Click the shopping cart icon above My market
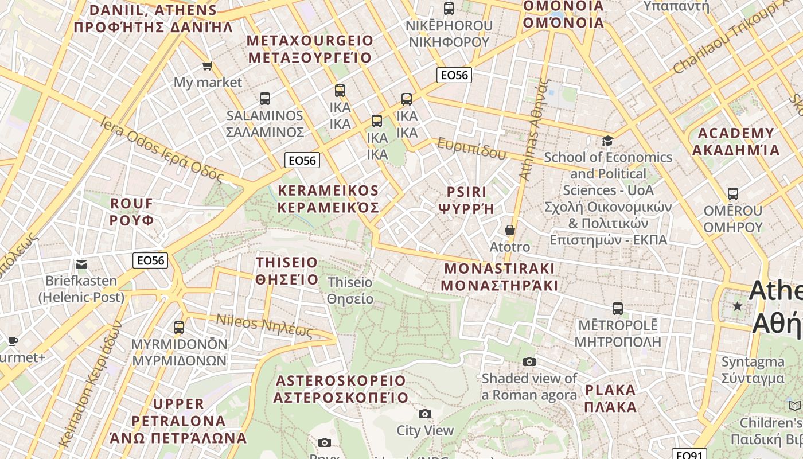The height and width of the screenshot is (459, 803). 207,66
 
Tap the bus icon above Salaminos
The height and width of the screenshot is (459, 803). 264,99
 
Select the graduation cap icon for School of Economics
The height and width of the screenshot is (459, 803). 607,141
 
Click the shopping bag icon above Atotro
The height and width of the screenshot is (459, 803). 509,231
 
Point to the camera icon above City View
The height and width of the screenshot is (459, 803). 425,414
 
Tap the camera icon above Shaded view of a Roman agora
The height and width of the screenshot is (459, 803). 529,361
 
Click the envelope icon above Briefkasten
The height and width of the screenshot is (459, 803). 81,264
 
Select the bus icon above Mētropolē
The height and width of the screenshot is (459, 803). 617,309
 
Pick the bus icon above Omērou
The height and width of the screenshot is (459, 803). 732,194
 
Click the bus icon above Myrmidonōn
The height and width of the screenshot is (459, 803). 179,328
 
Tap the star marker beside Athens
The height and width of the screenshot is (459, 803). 738,306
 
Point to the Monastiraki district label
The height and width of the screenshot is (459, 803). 500,277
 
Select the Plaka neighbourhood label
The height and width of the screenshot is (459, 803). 610,399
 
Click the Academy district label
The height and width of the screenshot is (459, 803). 736,142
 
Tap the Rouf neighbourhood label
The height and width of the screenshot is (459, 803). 132,212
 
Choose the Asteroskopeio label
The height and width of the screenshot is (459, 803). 341,389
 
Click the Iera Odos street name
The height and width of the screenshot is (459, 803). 161,149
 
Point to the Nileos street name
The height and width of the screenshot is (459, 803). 264,326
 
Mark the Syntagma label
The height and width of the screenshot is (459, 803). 753,370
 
